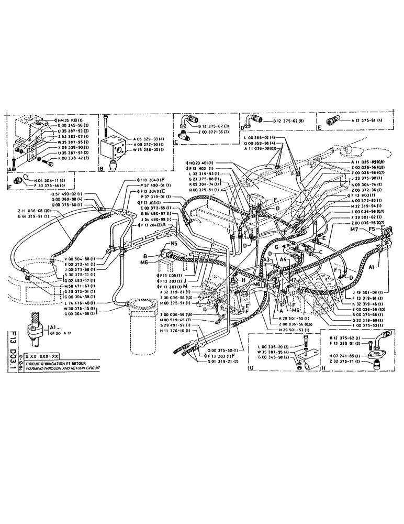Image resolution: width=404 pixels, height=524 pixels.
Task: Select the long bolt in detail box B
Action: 107,126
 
